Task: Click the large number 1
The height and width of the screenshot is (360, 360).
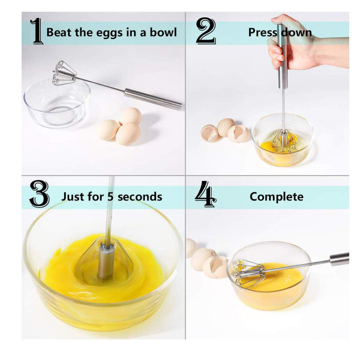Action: tap(37, 32)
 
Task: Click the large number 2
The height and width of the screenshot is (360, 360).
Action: tap(205, 32)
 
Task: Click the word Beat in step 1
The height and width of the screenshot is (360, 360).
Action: tap(59, 32)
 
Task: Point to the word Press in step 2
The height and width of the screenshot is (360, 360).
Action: tap(262, 32)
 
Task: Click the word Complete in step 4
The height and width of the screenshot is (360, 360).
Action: tap(277, 196)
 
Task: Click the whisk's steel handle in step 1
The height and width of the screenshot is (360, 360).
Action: tap(153, 99)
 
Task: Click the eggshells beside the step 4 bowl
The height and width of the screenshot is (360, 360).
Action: tap(207, 261)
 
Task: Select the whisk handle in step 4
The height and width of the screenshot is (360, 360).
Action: tap(339, 259)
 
